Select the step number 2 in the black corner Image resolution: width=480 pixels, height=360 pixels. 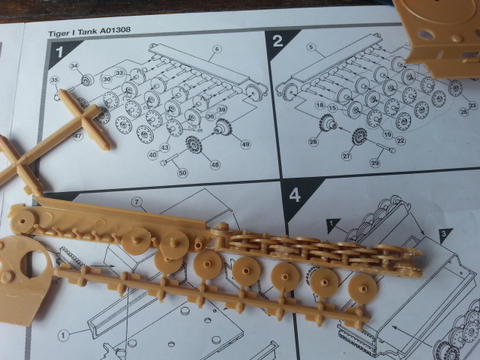(x=278, y=40)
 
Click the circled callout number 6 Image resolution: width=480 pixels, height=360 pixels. (x=215, y=49)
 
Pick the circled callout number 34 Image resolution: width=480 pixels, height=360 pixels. (x=74, y=67)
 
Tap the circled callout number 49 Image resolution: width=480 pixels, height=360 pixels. (x=245, y=145)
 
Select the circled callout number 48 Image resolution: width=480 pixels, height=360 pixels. (x=216, y=165)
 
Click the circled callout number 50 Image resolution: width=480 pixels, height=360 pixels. (x=181, y=173)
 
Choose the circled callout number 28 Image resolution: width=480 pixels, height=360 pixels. (x=313, y=142)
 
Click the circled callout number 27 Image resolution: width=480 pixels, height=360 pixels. (x=346, y=158)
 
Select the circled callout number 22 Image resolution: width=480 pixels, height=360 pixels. (x=401, y=142)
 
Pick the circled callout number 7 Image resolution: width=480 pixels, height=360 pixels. (x=136, y=202)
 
